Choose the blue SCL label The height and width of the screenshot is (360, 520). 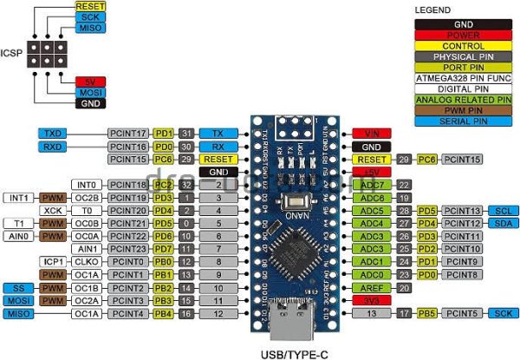(x=503, y=211)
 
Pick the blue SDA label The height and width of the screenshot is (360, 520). (x=503, y=224)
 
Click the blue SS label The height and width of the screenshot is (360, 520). (x=17, y=287)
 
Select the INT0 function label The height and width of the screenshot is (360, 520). (x=86, y=185)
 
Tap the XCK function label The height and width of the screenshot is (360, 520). (x=53, y=211)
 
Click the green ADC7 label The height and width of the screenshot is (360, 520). (x=374, y=185)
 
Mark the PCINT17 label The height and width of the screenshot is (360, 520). (x=128, y=134)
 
